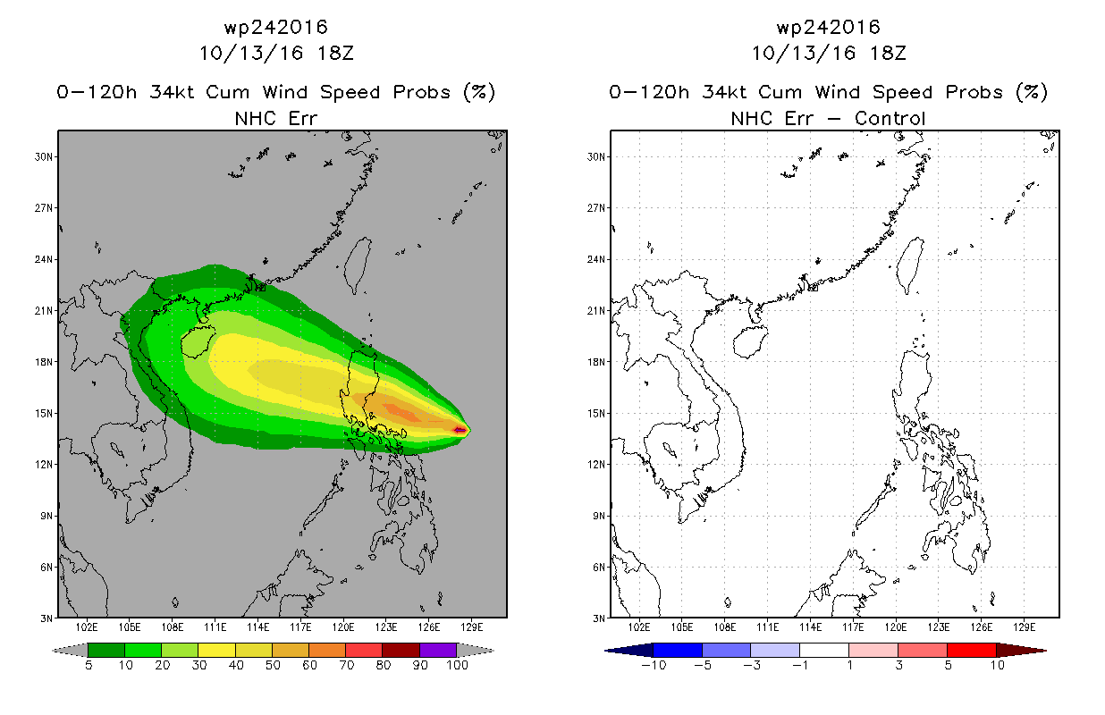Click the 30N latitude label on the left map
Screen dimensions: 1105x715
pos(43,156)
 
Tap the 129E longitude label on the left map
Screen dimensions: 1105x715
pos(471,627)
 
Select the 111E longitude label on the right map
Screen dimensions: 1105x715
pos(768,627)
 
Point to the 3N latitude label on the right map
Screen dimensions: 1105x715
pos(599,618)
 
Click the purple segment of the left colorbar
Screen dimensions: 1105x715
pos(438,650)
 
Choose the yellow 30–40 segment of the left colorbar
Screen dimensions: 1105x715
pos(216,650)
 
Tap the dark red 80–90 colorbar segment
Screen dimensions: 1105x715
pos(401,650)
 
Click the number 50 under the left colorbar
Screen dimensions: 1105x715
pos(273,665)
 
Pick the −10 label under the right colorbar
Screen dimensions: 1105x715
pos(654,665)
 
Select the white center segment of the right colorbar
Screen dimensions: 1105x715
pos(824,650)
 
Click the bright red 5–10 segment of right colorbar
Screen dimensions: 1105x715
pos(972,650)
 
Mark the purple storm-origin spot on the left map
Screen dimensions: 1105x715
pos(460,430)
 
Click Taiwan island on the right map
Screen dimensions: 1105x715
pos(909,265)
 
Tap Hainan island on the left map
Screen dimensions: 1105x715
pos(198,341)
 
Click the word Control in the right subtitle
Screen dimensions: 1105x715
pos(890,119)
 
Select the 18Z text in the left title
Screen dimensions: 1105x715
pos(335,54)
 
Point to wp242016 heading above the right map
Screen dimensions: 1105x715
pos(829,28)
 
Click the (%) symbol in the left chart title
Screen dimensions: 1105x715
pos(479,92)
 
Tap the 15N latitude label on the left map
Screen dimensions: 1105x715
pos(43,413)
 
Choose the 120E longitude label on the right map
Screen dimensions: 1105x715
pos(895,627)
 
